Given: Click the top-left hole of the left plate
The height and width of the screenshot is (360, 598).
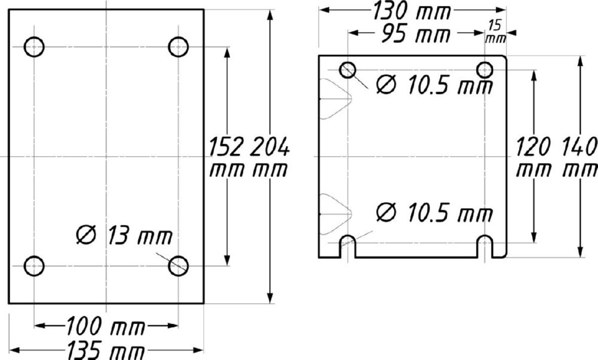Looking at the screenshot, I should click(34, 46).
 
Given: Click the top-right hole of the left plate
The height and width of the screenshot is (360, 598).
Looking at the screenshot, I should click(178, 46).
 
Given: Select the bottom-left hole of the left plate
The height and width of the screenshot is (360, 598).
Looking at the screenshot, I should click(34, 266).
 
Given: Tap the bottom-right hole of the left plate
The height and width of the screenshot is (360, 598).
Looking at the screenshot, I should click(178, 266).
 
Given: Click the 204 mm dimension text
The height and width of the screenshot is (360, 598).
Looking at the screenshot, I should click(269, 157).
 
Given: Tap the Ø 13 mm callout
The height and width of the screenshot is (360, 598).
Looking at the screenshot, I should click(124, 236).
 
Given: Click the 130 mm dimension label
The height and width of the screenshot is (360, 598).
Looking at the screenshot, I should click(412, 11).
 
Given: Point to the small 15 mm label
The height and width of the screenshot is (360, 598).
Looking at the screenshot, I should click(495, 31).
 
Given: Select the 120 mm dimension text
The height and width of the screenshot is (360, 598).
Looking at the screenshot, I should click(533, 157).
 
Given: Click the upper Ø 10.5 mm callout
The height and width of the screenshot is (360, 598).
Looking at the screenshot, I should click(434, 86).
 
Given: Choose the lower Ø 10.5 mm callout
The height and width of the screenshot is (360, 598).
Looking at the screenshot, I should click(434, 212).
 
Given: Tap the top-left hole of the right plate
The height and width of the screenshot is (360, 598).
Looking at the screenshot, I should click(347, 70).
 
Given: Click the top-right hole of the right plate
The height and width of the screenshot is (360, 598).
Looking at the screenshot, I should click(484, 70).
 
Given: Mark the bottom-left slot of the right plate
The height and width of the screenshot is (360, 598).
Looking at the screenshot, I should click(347, 246).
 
